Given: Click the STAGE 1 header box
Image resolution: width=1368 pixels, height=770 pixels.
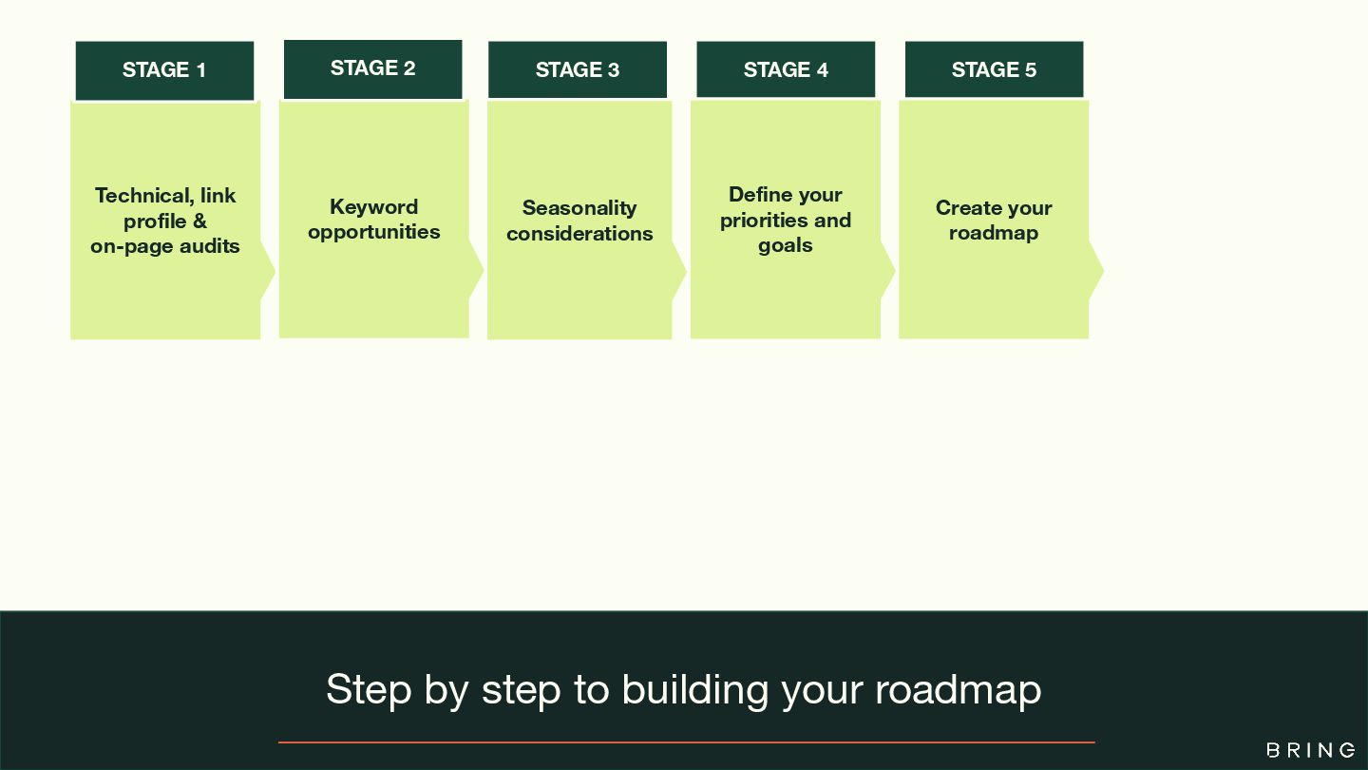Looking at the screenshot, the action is click(x=164, y=70).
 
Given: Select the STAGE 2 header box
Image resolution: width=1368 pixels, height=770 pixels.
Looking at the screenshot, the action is click(x=372, y=68).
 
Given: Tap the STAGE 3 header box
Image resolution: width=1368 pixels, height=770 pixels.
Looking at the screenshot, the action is click(x=578, y=70).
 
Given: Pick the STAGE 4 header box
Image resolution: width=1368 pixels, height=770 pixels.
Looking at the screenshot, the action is click(x=786, y=70).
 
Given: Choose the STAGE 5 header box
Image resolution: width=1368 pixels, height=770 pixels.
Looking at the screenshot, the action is click(x=994, y=70).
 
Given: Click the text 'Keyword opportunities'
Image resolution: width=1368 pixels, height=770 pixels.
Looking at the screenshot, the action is click(x=374, y=220).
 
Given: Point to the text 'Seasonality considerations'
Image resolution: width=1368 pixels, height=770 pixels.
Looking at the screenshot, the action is click(x=579, y=221).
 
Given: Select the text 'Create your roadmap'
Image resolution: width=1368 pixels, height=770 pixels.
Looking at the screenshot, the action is click(x=994, y=221).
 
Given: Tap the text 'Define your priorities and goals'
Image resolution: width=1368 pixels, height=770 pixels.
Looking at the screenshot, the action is click(x=786, y=220).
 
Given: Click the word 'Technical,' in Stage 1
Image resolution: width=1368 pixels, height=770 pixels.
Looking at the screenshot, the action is click(x=144, y=196).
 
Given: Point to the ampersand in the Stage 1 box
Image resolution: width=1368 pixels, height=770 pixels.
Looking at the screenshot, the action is click(x=199, y=221).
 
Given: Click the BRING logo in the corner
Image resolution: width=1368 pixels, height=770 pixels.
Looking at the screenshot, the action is click(x=1311, y=750).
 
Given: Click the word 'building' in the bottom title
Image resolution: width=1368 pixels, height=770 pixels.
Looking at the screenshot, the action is click(x=694, y=689).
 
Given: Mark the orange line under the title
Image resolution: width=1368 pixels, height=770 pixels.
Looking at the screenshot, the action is click(x=686, y=742).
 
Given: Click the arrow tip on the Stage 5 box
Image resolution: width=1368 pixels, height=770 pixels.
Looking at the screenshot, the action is click(x=1098, y=271).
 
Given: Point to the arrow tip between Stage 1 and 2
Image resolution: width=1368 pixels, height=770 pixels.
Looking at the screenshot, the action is click(x=270, y=272).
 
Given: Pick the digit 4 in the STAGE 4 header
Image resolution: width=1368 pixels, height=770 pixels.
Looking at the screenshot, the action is click(x=822, y=70).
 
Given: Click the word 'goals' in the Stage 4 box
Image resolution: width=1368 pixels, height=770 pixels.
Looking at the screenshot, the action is click(x=786, y=245).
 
